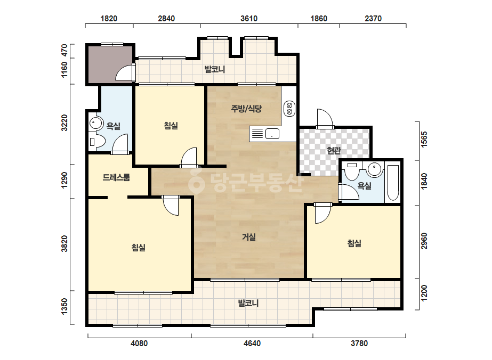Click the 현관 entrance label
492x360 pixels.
click(334, 151)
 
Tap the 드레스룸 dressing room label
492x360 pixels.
click(116, 177)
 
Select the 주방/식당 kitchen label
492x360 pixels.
click(246, 109)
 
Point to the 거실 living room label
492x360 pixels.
click(249, 237)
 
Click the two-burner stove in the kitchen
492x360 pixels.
click(289, 109)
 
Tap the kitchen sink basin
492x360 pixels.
click(272, 134)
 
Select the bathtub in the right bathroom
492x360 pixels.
click(392, 183)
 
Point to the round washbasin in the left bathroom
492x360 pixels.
click(96, 124)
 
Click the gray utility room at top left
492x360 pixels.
click(110, 64)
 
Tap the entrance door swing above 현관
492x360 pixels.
click(325, 119)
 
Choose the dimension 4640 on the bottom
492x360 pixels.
click(252, 343)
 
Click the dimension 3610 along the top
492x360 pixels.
click(249, 19)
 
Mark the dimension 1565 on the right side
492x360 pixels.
click(424, 139)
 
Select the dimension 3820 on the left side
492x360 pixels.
click(64, 244)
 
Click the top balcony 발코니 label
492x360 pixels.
click(215, 69)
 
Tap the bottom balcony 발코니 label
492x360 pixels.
click(248, 303)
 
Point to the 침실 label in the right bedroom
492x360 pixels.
click(354, 243)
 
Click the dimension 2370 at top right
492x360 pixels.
click(373, 19)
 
